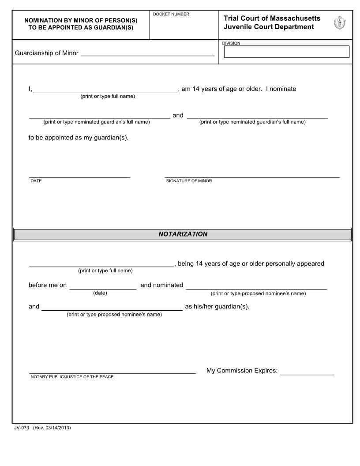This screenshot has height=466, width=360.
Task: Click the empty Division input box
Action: [x=286, y=52]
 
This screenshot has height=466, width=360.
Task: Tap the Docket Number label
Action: [x=171, y=15]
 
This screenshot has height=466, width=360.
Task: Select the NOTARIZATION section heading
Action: [x=183, y=234]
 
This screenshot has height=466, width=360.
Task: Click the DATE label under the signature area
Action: [x=36, y=181]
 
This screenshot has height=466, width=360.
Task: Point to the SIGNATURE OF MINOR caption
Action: [x=189, y=181]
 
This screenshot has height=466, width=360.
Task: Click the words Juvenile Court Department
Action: [x=269, y=27]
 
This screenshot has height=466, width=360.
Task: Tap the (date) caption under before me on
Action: [x=100, y=293]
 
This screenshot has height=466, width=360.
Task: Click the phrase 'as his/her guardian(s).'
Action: [x=217, y=306]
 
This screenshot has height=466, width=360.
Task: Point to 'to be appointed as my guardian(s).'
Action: [x=79, y=137]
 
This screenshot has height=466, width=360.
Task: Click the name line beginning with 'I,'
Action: [x=105, y=91]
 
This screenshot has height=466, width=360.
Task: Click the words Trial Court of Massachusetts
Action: [x=272, y=18]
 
